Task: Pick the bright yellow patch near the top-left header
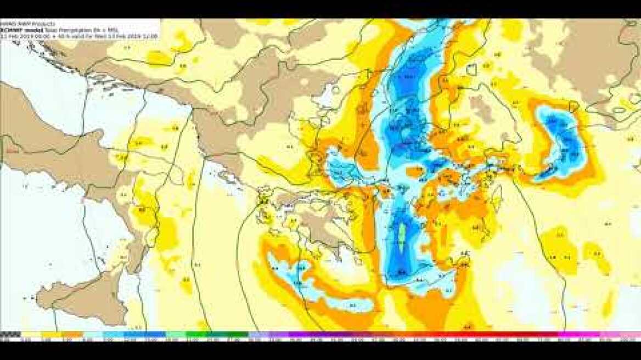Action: (159, 57)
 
